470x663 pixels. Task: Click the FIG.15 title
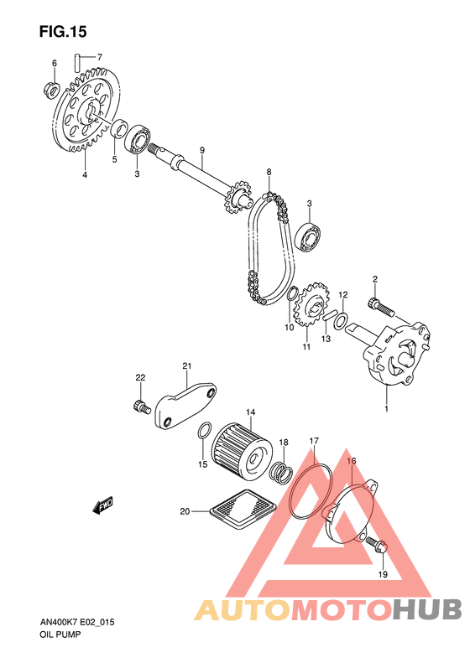click(63, 32)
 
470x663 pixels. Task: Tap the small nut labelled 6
click(51, 89)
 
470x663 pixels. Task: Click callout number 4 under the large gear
click(85, 174)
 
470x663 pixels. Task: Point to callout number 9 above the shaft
click(202, 150)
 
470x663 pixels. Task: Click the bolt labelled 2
click(382, 306)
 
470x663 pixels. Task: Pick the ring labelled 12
click(341, 321)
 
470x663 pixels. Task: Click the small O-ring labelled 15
click(204, 432)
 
